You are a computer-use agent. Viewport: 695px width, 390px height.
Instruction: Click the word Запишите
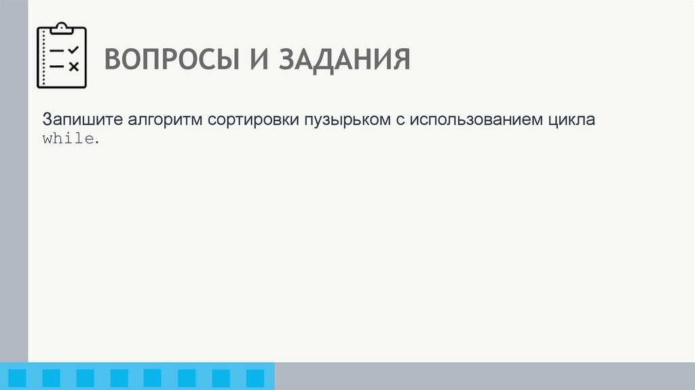tap(80, 120)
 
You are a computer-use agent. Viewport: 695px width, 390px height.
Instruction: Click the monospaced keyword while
tap(69, 139)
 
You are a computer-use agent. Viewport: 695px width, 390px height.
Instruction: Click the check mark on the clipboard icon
tap(73, 50)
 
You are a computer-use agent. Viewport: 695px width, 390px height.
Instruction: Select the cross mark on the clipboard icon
tap(74, 67)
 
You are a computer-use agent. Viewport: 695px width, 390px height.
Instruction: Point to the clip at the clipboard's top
tap(62, 28)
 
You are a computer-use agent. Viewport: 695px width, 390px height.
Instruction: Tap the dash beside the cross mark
tap(58, 67)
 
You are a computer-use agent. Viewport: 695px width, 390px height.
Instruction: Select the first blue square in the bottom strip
tap(18, 378)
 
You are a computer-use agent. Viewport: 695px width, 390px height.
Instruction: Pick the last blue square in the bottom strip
tap(255, 378)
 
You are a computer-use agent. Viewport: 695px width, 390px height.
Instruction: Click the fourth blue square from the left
tap(119, 378)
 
